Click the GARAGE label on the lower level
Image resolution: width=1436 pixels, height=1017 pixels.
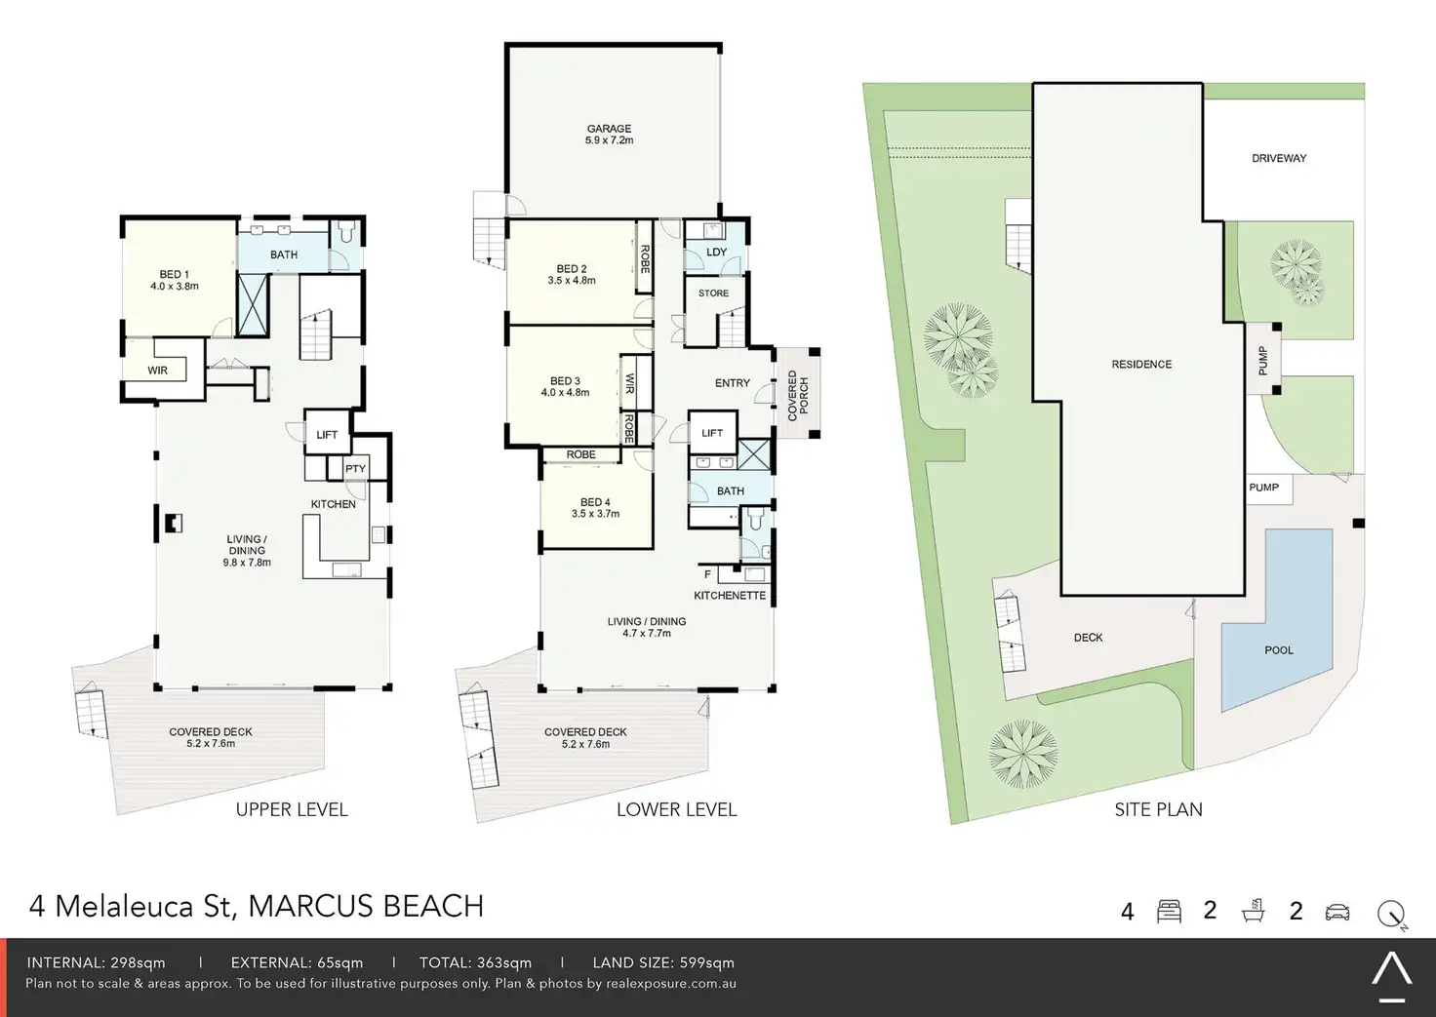point(609,129)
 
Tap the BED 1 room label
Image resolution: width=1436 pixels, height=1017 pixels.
point(175,274)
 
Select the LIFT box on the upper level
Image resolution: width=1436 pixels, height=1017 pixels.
point(327,432)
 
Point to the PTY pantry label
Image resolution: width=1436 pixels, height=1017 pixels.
point(355,468)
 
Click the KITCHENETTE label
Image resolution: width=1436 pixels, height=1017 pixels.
point(730,596)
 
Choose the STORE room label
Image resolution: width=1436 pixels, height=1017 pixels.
point(713,293)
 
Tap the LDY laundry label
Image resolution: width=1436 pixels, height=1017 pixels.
point(716,252)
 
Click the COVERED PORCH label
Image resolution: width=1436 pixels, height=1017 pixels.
point(798,396)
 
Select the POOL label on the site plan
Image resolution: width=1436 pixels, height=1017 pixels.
point(1279,649)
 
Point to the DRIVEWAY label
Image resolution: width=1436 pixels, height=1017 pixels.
point(1279,158)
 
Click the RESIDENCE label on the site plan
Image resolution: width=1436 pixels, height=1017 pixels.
point(1141,364)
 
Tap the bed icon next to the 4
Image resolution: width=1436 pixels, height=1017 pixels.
point(1170,912)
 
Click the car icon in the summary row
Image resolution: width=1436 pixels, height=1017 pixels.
point(1337,912)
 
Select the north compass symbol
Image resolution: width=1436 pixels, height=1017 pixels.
point(1392,914)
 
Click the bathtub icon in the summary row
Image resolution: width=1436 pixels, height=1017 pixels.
point(1253,911)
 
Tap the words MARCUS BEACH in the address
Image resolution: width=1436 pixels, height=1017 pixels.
point(366,906)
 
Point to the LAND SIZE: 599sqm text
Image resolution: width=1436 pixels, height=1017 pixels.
point(663,962)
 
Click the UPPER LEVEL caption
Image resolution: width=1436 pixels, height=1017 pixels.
point(292,809)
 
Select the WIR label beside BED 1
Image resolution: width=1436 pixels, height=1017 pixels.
point(158,371)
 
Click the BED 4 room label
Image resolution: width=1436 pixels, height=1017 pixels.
point(595,502)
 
